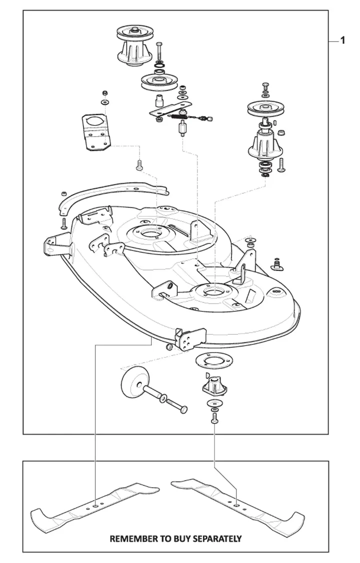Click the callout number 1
[x=343, y=40]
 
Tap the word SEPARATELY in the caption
[x=217, y=538]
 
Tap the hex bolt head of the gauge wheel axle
[x=183, y=409]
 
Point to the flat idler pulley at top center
[x=158, y=82]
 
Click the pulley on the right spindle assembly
[x=265, y=108]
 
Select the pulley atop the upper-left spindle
[x=135, y=33]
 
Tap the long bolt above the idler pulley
[x=159, y=51]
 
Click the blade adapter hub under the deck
[x=214, y=385]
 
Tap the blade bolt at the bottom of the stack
[x=214, y=418]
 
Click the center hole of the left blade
[x=95, y=505]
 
